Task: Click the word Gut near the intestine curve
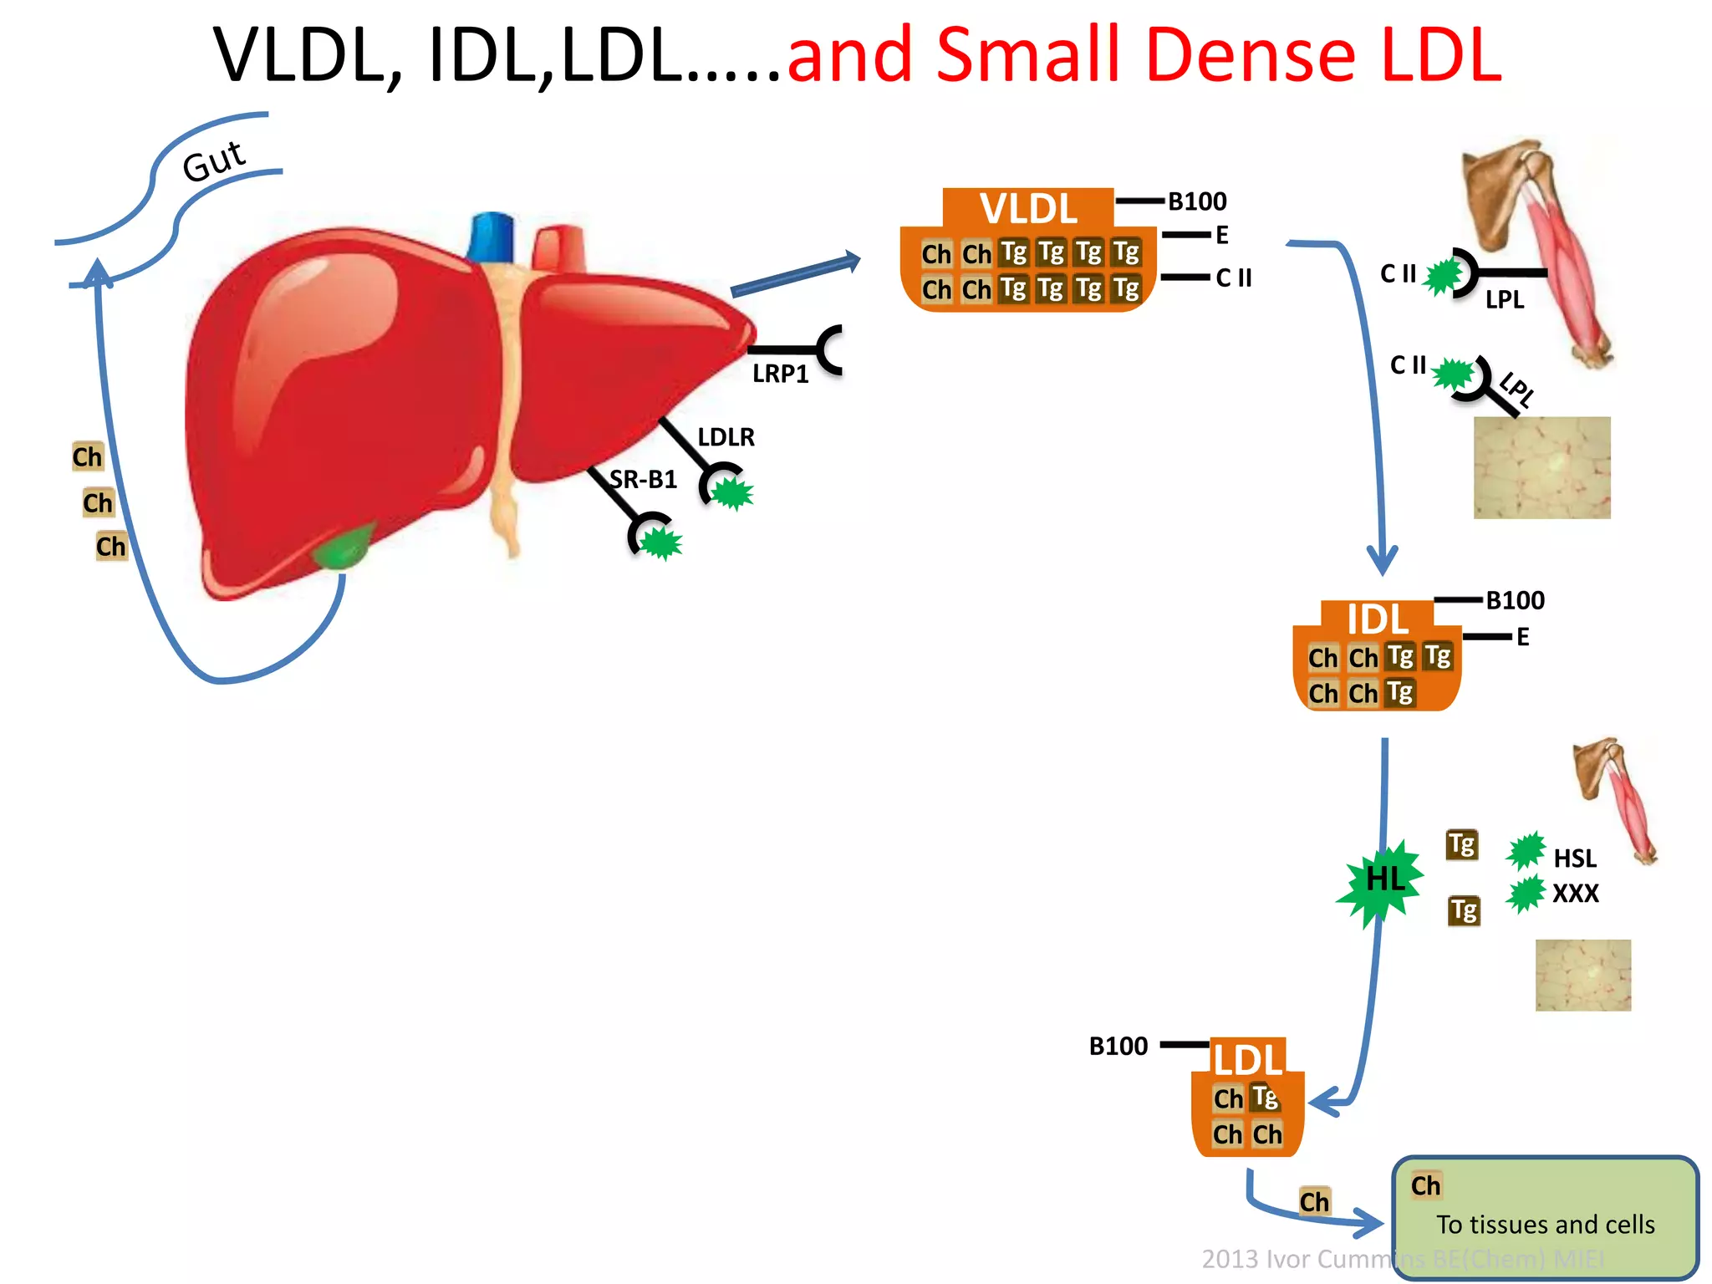click(x=214, y=160)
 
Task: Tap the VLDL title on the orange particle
click(x=1028, y=208)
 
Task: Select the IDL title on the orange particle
click(x=1377, y=619)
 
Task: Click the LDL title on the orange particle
click(x=1247, y=1060)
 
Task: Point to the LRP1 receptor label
click(x=780, y=374)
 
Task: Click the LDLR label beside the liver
click(x=726, y=437)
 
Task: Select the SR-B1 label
click(x=643, y=480)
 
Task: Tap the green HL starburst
click(x=1383, y=880)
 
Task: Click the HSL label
click(x=1574, y=859)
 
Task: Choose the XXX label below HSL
click(x=1575, y=894)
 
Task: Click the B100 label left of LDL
click(x=1118, y=1047)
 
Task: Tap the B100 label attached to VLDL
click(x=1197, y=201)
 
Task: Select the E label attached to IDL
click(x=1522, y=637)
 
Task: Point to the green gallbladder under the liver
click(x=343, y=548)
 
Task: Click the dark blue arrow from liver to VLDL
click(x=794, y=274)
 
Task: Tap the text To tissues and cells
click(x=1545, y=1225)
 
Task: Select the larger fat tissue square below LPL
click(x=1541, y=467)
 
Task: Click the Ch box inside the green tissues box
click(x=1425, y=1185)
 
